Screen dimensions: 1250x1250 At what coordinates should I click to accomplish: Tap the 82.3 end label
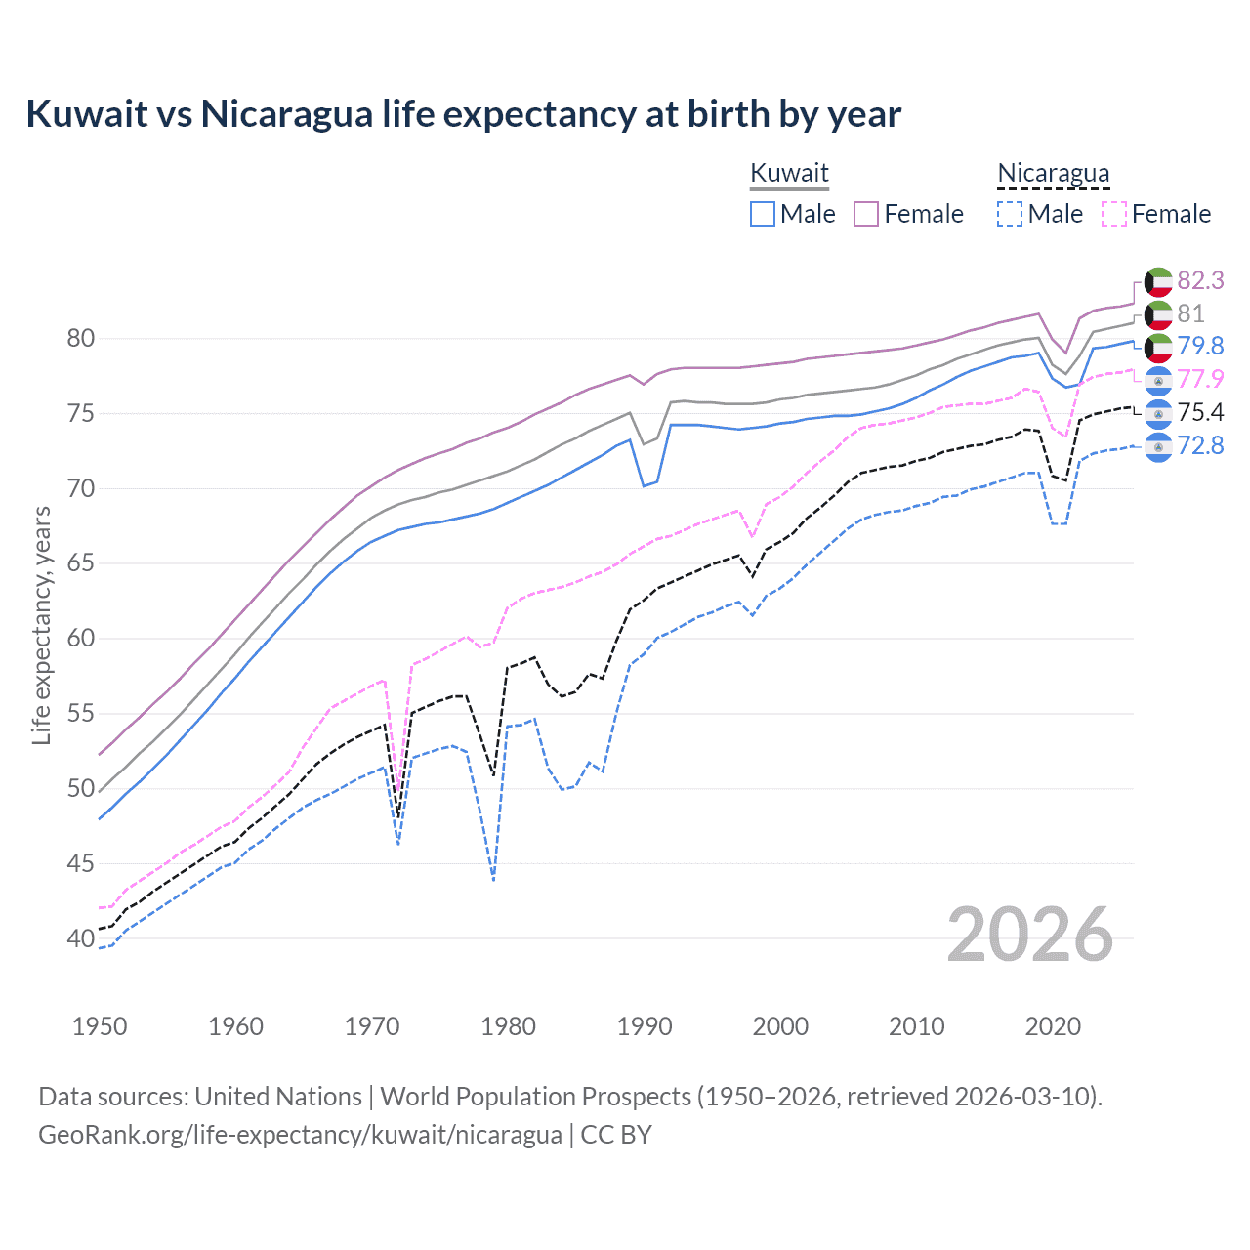tap(1200, 280)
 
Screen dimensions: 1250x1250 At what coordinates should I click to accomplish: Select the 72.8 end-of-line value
tap(1200, 445)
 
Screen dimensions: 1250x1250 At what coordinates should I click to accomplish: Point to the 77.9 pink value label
tap(1200, 379)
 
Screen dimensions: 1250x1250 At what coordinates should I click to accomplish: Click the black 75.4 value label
tap(1200, 412)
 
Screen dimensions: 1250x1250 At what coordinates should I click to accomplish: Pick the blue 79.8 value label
tap(1200, 346)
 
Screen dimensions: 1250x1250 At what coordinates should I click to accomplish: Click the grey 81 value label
tap(1190, 313)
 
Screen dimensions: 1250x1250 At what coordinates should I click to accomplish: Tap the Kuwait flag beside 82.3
tap(1158, 281)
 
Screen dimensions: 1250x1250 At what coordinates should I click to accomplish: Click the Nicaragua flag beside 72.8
tap(1158, 446)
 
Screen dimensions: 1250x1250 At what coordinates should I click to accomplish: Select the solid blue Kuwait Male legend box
tap(763, 214)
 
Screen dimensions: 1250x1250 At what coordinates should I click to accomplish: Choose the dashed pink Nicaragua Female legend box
tap(1114, 214)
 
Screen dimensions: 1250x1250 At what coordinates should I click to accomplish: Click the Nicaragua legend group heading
tap(1053, 173)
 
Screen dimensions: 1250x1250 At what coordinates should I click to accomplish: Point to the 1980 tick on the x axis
tap(508, 1026)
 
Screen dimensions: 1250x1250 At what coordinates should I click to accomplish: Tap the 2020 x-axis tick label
tap(1053, 1026)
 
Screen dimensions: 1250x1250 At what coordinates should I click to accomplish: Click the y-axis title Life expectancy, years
tap(41, 625)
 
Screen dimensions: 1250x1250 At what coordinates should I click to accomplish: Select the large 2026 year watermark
tap(1030, 935)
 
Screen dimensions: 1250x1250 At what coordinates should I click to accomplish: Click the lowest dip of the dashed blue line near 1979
tap(494, 880)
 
